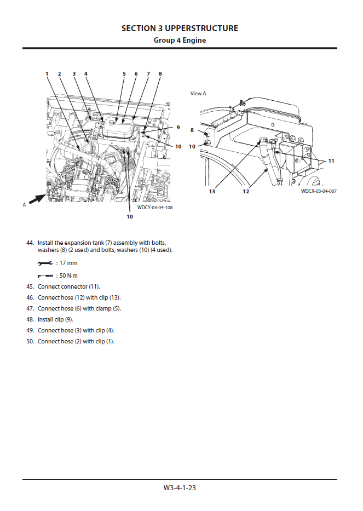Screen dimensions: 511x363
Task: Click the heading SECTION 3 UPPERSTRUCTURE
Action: click(x=180, y=28)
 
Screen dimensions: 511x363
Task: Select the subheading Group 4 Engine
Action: click(x=180, y=41)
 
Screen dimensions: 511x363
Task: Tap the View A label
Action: click(x=198, y=94)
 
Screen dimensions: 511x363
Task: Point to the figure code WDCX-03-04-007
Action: click(x=318, y=191)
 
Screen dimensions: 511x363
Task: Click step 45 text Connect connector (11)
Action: click(x=68, y=286)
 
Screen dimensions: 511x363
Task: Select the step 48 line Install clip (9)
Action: click(x=55, y=319)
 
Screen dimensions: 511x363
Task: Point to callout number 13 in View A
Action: click(x=211, y=191)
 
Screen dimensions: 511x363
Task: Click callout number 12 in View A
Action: click(x=246, y=191)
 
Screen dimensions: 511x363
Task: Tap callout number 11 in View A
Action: click(x=331, y=161)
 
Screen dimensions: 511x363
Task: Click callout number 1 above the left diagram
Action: click(x=47, y=73)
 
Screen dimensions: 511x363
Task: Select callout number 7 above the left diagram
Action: click(x=148, y=73)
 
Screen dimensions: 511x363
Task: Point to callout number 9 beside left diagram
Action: click(x=178, y=128)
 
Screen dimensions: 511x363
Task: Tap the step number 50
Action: click(x=30, y=341)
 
